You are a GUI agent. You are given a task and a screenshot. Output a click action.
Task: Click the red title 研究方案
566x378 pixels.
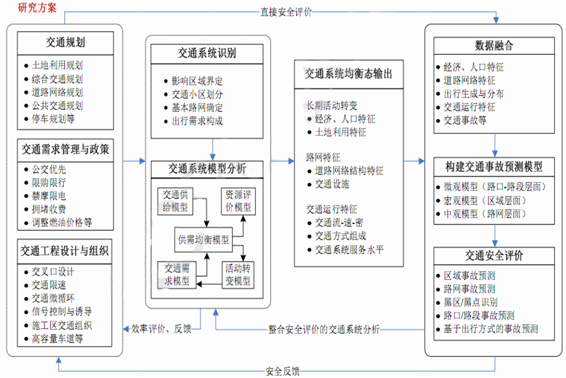coord(37,8)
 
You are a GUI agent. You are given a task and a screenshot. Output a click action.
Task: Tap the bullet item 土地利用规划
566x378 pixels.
coord(57,65)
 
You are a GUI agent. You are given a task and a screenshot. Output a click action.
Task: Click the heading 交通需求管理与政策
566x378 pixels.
coord(65,148)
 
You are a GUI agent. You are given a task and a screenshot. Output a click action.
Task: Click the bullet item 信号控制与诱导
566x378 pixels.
coord(61,312)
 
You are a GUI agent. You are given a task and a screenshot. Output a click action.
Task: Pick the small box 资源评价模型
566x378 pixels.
coord(238,201)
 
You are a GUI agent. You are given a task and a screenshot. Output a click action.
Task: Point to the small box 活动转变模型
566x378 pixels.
coord(238,274)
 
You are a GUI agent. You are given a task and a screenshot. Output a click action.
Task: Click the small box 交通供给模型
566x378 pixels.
coord(175,201)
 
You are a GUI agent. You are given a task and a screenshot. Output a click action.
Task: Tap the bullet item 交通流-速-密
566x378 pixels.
coord(340,222)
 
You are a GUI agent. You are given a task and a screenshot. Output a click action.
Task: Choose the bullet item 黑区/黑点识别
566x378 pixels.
coord(470,302)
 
